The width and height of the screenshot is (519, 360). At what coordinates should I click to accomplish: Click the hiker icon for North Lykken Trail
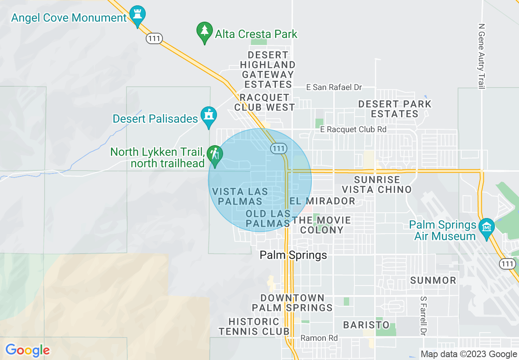pos(214,155)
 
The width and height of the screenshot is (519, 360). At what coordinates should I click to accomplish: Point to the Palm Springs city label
pos(293,255)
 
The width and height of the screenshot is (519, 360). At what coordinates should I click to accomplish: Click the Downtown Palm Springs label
pos(292,303)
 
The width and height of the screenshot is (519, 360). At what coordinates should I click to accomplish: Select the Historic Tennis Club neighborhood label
pos(254,326)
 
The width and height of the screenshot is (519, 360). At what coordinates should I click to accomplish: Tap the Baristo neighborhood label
pos(366,325)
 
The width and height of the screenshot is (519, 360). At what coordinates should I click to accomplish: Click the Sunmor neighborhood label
pos(433,280)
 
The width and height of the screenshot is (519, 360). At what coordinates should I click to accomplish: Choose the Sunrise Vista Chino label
pos(377,184)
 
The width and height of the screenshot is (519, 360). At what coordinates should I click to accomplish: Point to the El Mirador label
pos(323,201)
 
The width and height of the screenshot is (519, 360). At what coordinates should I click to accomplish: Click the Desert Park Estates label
pos(395,109)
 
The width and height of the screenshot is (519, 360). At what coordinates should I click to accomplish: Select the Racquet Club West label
pos(264,102)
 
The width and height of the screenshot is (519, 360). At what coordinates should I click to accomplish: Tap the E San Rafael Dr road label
pos(334,87)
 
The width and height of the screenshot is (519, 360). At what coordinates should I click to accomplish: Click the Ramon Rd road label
pos(319,338)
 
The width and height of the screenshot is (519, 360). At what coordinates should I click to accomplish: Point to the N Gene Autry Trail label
pos(481,56)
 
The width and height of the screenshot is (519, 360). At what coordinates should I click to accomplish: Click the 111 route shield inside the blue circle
pos(278,148)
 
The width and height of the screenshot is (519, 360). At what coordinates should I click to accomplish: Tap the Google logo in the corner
pos(27,351)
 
